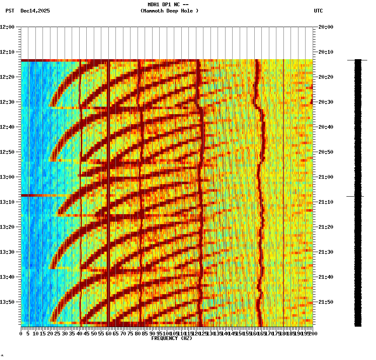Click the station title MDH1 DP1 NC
click(x=168, y=5)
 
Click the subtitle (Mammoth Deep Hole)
click(x=169, y=11)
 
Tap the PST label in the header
click(x=10, y=11)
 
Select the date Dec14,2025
click(x=35, y=11)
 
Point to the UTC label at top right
click(x=318, y=11)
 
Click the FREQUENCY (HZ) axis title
click(x=171, y=338)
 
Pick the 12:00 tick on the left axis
click(x=8, y=27)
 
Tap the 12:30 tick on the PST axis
click(x=8, y=102)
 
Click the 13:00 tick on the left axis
click(x=8, y=177)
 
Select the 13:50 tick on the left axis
click(x=8, y=302)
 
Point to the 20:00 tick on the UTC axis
click(x=326, y=27)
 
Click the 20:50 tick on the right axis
click(x=326, y=152)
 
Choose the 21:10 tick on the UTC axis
click(x=326, y=202)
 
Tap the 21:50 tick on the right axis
click(x=326, y=302)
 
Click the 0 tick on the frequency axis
click(x=21, y=333)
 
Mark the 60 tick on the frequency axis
click(x=108, y=333)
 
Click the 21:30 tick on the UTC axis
click(x=326, y=252)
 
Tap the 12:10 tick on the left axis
click(x=8, y=52)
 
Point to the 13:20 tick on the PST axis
click(x=8, y=227)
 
